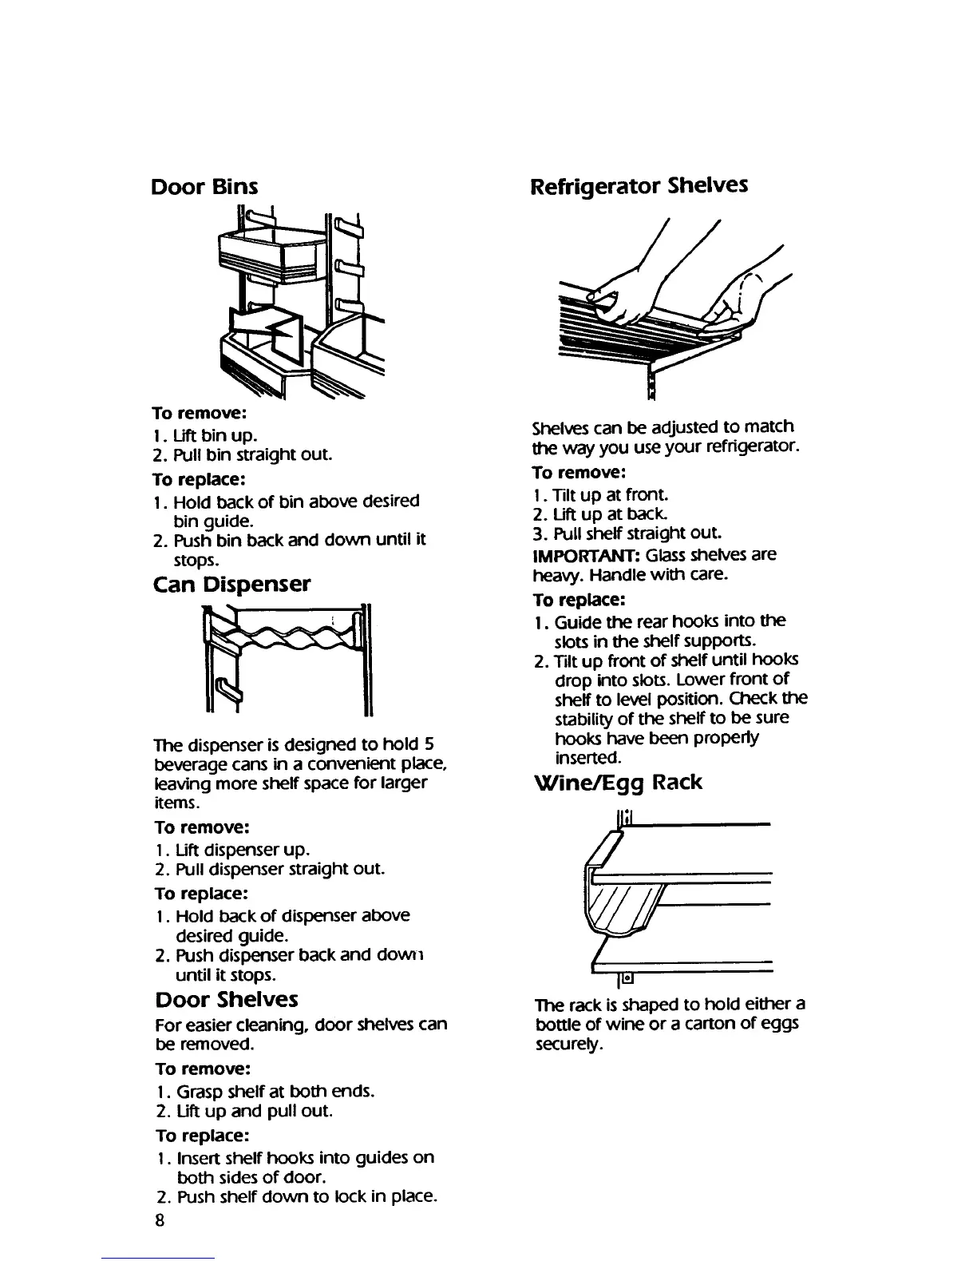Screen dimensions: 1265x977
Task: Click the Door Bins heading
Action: coord(204,187)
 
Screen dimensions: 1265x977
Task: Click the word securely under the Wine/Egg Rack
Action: coord(568,1043)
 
